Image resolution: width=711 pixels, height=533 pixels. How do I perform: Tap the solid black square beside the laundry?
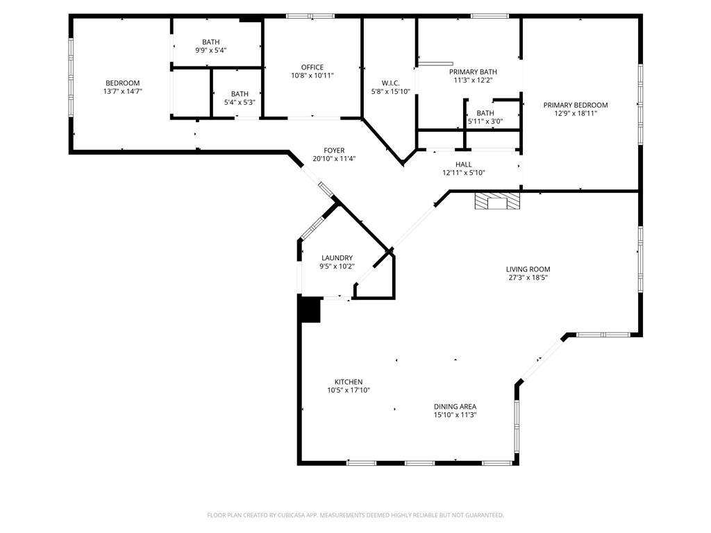click(x=310, y=310)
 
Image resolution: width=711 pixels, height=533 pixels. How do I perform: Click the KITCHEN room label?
click(x=349, y=382)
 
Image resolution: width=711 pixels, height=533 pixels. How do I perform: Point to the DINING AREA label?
click(x=455, y=407)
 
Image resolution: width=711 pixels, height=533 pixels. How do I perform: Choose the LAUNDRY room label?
click(x=337, y=257)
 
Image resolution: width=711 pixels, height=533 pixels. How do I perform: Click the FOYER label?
click(x=334, y=151)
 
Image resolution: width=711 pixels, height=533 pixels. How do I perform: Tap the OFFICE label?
click(x=312, y=67)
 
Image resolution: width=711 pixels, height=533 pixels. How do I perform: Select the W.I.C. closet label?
click(x=390, y=83)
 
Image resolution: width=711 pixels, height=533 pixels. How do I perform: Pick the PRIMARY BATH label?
click(x=473, y=71)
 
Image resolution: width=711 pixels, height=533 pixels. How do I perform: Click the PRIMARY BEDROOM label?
click(x=575, y=105)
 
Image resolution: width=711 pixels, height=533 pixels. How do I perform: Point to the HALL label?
click(x=463, y=164)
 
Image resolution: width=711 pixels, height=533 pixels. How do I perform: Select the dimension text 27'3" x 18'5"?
click(x=533, y=278)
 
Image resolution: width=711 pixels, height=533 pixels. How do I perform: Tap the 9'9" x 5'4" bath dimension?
click(x=210, y=50)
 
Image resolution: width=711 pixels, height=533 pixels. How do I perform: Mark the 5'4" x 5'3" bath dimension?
click(x=239, y=103)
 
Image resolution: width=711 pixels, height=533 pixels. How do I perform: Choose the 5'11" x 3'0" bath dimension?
click(x=485, y=121)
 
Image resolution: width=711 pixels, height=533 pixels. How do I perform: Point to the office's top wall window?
click(x=310, y=16)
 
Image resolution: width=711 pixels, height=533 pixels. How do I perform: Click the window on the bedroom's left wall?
click(x=71, y=78)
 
